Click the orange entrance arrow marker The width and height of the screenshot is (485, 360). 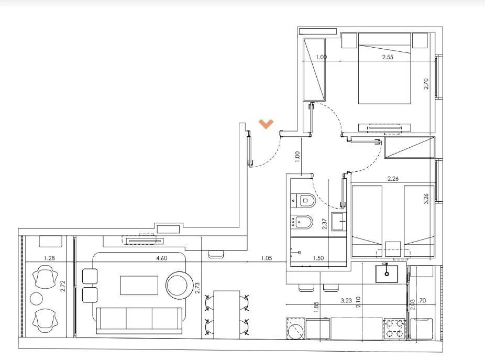(x=266, y=124)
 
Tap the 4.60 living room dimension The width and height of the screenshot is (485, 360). (x=162, y=258)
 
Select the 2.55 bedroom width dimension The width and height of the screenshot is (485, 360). (x=388, y=57)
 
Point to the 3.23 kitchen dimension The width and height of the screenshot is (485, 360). (x=346, y=300)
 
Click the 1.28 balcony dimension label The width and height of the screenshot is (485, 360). (x=49, y=258)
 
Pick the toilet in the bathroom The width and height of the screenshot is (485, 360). (x=303, y=200)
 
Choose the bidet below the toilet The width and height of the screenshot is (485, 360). (x=302, y=222)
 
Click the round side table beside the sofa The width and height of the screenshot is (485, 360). (x=178, y=285)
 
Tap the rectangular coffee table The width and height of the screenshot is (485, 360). (x=139, y=286)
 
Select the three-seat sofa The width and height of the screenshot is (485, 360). (x=139, y=321)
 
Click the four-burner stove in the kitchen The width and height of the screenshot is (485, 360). (x=394, y=329)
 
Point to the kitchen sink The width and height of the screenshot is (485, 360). (x=387, y=274)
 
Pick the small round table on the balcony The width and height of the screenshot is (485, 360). (x=36, y=299)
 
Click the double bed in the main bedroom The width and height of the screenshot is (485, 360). (x=384, y=69)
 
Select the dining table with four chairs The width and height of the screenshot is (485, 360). (x=227, y=314)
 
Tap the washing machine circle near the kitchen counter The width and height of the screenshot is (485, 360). (x=295, y=330)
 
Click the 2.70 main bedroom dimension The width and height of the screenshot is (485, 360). (x=426, y=84)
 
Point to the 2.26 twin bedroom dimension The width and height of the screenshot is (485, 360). (x=393, y=179)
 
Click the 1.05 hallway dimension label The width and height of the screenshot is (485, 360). (x=266, y=258)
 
